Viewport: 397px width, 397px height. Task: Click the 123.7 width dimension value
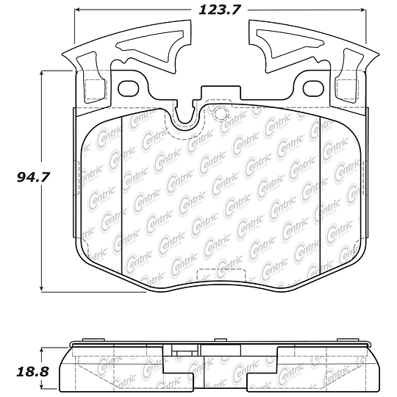tap(219, 10)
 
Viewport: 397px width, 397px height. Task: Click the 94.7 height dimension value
tap(32, 177)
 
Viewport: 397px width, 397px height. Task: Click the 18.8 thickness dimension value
tap(32, 372)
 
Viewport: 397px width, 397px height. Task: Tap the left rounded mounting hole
tap(129, 88)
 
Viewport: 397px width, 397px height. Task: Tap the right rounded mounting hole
tap(313, 88)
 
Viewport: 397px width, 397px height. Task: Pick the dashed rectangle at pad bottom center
tap(221, 275)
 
